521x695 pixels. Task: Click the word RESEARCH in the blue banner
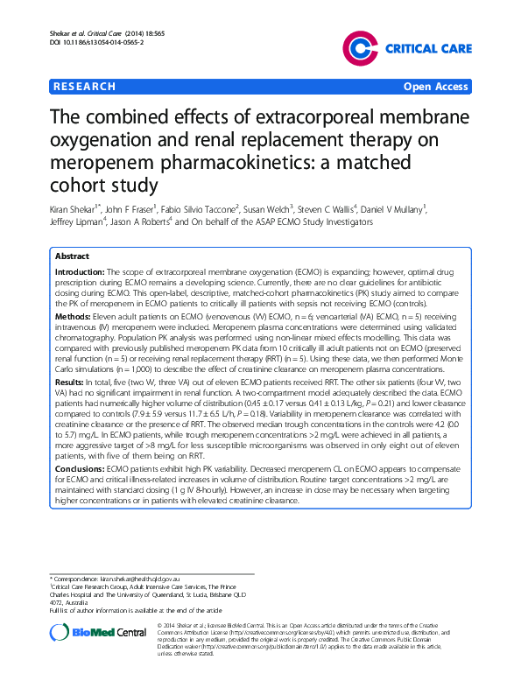84,87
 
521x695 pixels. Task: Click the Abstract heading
72,257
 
